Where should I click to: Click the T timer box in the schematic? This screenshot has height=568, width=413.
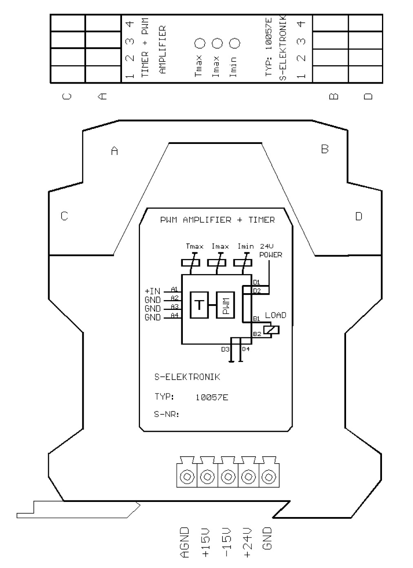(x=200, y=305)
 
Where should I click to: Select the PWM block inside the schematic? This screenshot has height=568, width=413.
(x=225, y=305)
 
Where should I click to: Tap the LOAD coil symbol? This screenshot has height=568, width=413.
(x=271, y=330)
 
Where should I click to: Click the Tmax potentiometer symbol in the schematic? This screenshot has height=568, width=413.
(x=191, y=263)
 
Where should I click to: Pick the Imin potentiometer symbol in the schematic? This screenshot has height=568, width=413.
(x=243, y=263)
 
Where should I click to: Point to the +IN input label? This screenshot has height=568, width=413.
(x=152, y=291)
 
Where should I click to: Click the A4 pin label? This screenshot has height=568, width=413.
(x=175, y=316)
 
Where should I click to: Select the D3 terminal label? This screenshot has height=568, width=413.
(x=225, y=349)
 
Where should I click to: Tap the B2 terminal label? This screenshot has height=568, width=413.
(x=257, y=334)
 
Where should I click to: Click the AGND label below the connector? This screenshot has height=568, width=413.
(x=184, y=542)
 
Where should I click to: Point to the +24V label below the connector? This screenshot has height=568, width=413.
(x=247, y=542)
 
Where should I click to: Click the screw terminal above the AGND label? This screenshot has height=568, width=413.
(x=187, y=477)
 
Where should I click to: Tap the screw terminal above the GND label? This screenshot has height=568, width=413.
(x=269, y=477)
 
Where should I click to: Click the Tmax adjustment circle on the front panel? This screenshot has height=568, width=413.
(x=200, y=43)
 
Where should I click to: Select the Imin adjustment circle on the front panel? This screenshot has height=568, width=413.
(x=235, y=43)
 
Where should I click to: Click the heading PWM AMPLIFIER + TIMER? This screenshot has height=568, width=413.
(x=218, y=220)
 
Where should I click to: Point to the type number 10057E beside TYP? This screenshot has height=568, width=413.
(x=212, y=397)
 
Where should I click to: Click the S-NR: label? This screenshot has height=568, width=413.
(x=167, y=414)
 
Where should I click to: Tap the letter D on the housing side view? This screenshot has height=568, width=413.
(x=359, y=216)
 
